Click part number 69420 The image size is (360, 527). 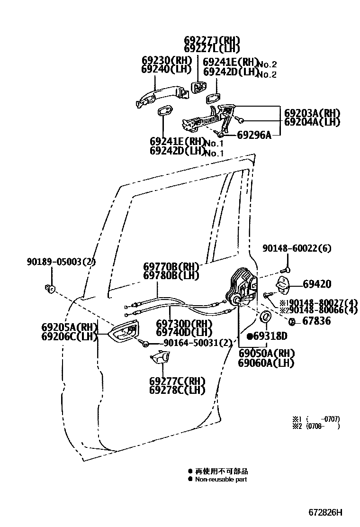[x=317, y=284]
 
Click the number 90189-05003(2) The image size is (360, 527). [x=61, y=261]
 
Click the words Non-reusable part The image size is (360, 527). [x=221, y=479]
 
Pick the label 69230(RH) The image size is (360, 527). [x=166, y=60]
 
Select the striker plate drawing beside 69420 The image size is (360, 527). [x=284, y=283]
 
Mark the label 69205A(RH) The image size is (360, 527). [x=69, y=327]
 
